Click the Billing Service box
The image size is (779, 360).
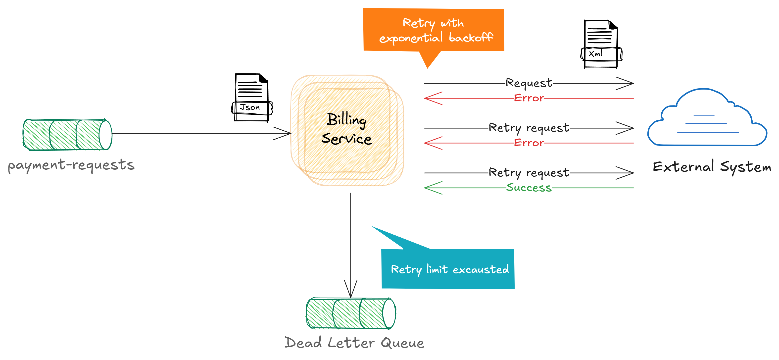tap(347, 130)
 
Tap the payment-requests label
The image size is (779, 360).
tap(71, 165)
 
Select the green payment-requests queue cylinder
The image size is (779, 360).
tap(67, 134)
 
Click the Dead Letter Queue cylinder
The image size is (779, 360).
tap(351, 313)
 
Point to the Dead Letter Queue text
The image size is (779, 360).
tap(354, 343)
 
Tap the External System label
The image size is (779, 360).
tap(712, 167)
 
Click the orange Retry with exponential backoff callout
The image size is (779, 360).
tap(433, 30)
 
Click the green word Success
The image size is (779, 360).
tap(529, 188)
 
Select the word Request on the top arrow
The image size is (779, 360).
tap(529, 83)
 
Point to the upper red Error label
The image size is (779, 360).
tap(529, 98)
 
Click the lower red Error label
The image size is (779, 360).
tap(529, 143)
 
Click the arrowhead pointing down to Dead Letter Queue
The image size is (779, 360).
tap(351, 290)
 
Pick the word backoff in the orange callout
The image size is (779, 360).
tap(471, 38)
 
